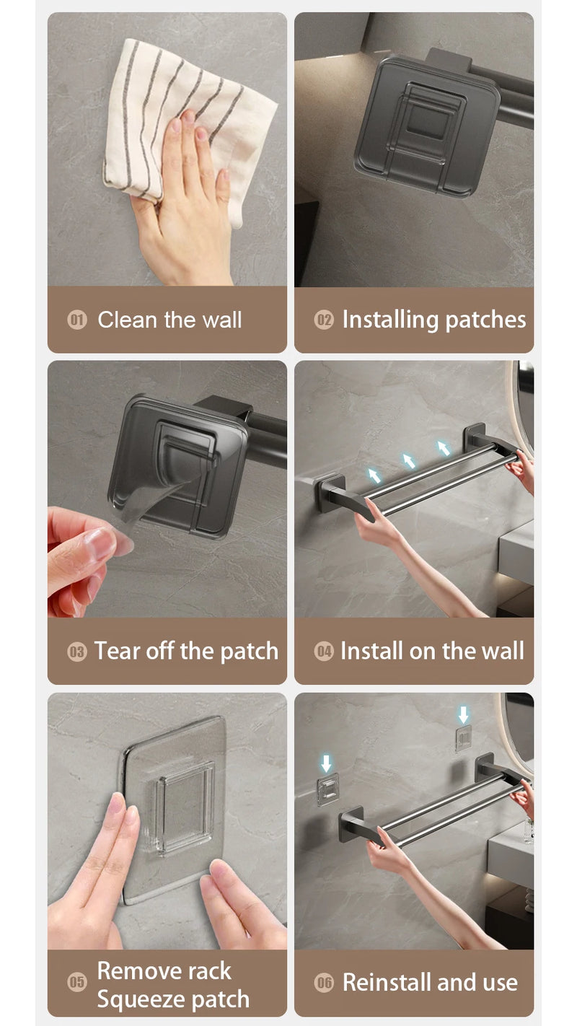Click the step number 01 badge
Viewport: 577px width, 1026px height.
(x=77, y=320)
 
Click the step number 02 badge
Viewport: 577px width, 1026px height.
(x=324, y=320)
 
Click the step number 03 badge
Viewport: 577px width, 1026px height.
(x=77, y=652)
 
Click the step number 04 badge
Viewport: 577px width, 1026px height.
(x=324, y=652)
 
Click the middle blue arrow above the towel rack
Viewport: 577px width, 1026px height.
(x=409, y=460)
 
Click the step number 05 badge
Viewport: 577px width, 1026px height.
(x=77, y=982)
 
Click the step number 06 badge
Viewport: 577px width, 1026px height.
(x=324, y=982)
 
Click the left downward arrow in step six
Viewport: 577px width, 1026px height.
(x=327, y=763)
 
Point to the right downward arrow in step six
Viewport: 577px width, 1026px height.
(x=463, y=715)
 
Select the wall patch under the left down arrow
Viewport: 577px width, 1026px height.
(x=327, y=789)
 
